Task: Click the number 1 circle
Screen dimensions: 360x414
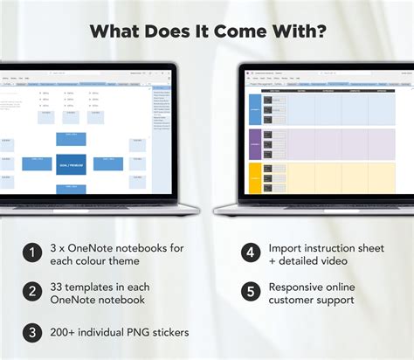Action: pyautogui.click(x=32, y=253)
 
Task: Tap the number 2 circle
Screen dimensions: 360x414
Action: pyautogui.click(x=32, y=293)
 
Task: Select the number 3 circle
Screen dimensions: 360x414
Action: pyautogui.click(x=32, y=332)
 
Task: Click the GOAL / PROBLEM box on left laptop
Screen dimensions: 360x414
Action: pyautogui.click(x=71, y=163)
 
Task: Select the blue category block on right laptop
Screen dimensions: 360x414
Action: pyautogui.click(x=254, y=110)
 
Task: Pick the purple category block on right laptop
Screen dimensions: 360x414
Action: pyautogui.click(x=254, y=144)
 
